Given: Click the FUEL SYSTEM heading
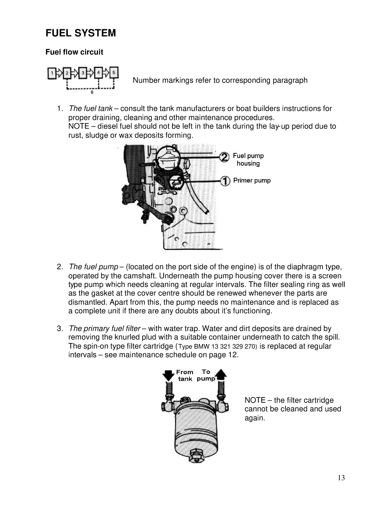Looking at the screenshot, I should click(81, 33).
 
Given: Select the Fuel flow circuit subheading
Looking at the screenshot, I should click(74, 52).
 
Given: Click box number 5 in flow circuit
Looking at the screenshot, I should click(114, 72).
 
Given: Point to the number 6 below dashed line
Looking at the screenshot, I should click(92, 93).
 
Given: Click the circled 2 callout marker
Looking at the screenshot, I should click(224, 158).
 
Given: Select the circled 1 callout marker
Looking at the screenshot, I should click(224, 181).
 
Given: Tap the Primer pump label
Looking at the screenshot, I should click(252, 181).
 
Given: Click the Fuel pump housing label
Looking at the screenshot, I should click(248, 160).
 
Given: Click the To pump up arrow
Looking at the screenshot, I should click(221, 374).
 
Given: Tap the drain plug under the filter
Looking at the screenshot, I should click(196, 456).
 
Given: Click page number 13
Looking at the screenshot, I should click(341, 478).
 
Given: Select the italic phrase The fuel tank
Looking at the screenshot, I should click(90, 109).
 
